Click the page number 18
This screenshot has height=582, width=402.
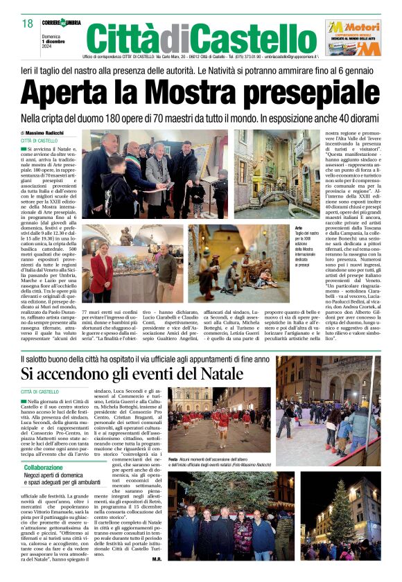[x=28, y=24]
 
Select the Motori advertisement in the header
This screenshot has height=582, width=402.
[x=353, y=37]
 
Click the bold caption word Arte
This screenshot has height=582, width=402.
[x=299, y=227]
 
